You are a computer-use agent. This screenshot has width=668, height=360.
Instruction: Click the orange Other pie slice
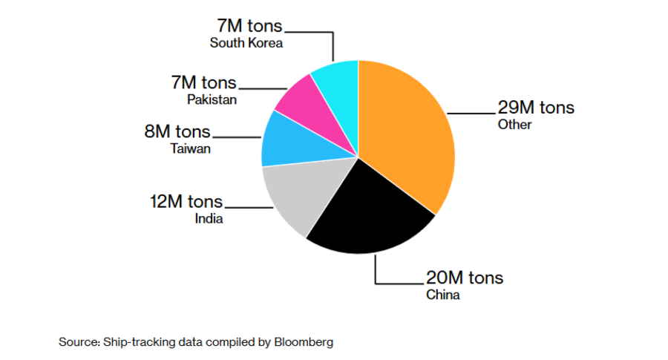408,134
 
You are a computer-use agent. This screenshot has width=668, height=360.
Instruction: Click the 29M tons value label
536,107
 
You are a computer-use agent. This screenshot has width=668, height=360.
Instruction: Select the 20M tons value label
465,278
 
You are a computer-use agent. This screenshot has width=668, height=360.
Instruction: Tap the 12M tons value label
186,201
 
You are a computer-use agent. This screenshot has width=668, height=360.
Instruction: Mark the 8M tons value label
177,132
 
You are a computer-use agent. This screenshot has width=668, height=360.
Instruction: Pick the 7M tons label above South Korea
249,26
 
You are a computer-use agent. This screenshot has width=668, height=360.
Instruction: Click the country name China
443,295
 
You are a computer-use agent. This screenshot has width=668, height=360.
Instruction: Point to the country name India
209,219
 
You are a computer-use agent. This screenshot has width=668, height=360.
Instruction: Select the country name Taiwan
191,149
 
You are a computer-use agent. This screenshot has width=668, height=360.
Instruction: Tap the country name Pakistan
212,99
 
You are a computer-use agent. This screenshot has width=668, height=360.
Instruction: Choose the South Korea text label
246,42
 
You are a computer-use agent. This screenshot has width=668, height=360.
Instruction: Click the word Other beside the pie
515,125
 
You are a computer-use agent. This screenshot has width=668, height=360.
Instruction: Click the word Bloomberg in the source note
304,342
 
